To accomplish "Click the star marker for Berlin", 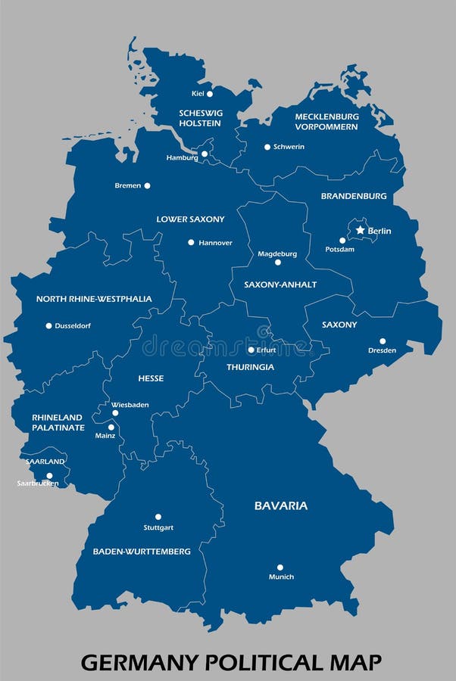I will pos(360,230).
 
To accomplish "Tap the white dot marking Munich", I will pos(280,567).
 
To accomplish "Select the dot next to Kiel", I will pos(210,94).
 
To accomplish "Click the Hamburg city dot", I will pos(205,154).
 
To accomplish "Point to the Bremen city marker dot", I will pos(147,185).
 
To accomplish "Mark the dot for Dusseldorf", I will pos(48,326).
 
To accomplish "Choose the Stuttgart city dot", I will pos(158,517).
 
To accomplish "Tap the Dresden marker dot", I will pos(383,341).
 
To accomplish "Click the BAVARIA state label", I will pos(281,505).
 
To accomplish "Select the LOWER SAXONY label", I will pos(190,219).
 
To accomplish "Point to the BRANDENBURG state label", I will pos(354,196).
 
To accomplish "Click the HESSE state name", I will pos(151,378).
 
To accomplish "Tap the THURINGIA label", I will pos(250,367).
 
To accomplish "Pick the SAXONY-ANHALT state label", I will pos(280,285).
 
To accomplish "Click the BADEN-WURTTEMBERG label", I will pos(142,552).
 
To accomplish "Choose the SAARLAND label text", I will pos(45,462).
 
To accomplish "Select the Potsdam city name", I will pos(339,250).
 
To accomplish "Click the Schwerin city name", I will pos(289,147).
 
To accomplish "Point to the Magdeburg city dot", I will pos(277,262).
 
